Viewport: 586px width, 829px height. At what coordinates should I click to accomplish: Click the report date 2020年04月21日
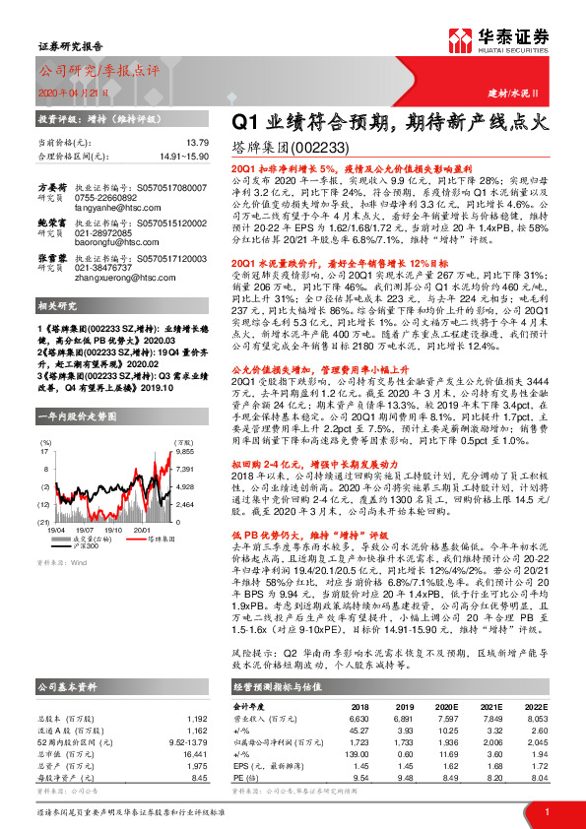65,91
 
